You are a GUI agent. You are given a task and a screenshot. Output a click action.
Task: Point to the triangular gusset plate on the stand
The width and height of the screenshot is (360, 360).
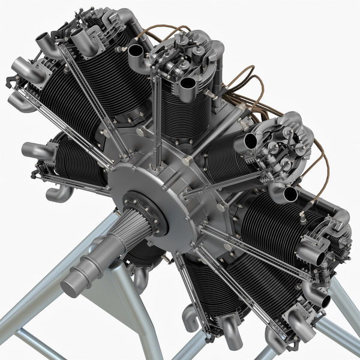coord(114,306)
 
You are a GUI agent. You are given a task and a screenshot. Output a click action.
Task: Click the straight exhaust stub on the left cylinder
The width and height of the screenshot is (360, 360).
coord(33,150)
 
